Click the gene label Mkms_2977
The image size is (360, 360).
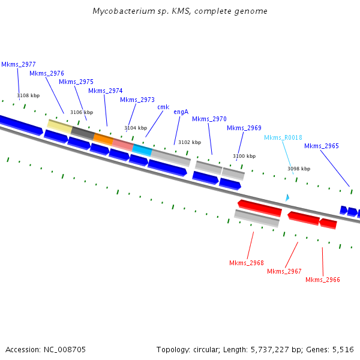pos(18,64)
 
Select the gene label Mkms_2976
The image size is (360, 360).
pos(47,73)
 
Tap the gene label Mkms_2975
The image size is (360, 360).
pos(76,82)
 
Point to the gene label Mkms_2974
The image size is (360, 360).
pos(105,91)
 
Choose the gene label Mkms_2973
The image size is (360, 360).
pos(137,100)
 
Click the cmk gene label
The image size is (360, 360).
pos(163,107)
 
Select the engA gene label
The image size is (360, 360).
pos(181,112)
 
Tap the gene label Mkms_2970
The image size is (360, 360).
pos(209,119)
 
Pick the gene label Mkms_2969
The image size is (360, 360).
pos(244,128)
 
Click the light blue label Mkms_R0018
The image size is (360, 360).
pos(283,137)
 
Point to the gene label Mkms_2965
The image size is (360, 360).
pos(322,146)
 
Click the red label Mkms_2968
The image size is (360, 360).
pos(247,263)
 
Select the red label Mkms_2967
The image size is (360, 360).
pos(284,271)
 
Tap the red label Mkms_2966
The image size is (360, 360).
pos(323,280)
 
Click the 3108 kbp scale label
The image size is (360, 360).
pos(28,95)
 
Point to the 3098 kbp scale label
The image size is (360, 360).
pos(299,169)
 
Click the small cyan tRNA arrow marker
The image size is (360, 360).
pos(287,197)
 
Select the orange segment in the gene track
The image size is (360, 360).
pos(103,139)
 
